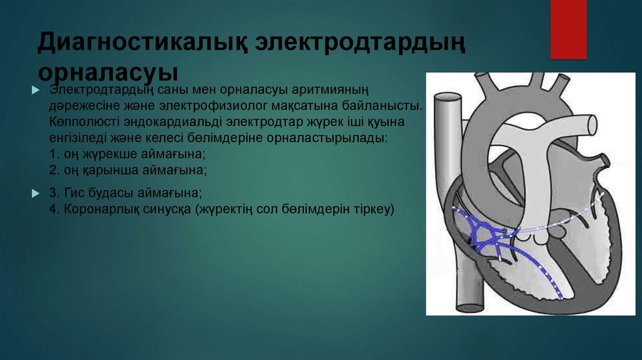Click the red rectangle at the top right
pyautogui.click(x=568, y=29)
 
